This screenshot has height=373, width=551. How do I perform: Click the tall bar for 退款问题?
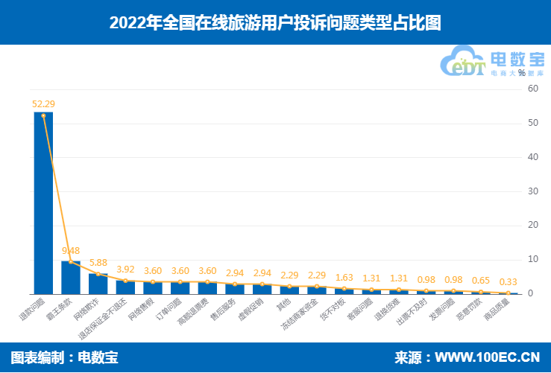tap(43, 208)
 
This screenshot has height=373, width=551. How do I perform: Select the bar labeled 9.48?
tap(71, 277)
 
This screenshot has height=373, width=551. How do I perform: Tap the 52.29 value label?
tap(43, 103)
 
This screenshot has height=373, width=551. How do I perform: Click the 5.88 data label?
tap(98, 262)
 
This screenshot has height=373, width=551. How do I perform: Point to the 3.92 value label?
tap(125, 270)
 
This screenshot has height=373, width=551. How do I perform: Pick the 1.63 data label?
tap(344, 277)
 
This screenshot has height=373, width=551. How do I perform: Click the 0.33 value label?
tap(509, 281)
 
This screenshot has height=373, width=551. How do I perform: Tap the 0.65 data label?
tap(481, 281)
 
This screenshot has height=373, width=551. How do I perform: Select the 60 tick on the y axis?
tap(533, 89)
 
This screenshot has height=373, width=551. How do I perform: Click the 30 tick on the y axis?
tap(533, 191)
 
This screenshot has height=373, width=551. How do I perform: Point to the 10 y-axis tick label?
tap(533, 260)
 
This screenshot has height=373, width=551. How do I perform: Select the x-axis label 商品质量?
tap(495, 307)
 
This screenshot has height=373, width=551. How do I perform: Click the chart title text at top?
tap(275, 22)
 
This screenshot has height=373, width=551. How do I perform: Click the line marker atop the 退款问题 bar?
tap(43, 115)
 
